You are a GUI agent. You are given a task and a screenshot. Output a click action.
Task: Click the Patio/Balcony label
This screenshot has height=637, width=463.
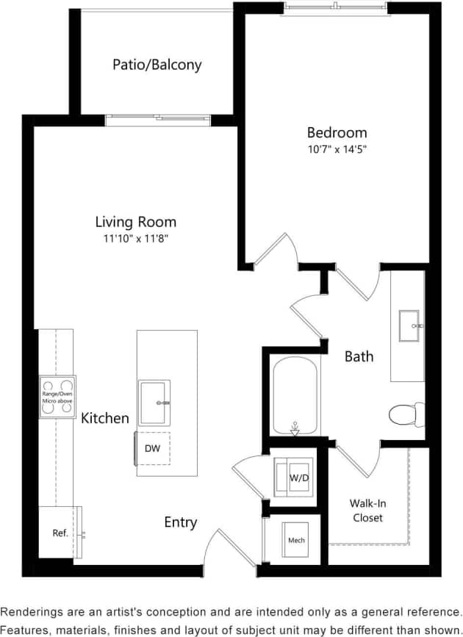[x=157, y=65]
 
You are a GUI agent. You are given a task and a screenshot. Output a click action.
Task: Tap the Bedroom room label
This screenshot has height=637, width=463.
[x=337, y=133]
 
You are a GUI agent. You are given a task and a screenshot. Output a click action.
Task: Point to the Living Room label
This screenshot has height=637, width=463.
[x=136, y=221]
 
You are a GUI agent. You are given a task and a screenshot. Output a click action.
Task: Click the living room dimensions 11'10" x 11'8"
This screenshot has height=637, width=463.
[x=136, y=239]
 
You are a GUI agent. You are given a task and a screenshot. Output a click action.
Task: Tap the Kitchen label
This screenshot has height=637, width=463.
[x=105, y=418]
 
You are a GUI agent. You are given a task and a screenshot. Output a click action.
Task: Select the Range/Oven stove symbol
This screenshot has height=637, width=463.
[x=57, y=397]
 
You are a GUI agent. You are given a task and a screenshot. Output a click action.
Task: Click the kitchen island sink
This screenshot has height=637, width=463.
[x=154, y=402]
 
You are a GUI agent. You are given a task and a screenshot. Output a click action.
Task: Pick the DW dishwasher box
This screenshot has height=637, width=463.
[x=152, y=448]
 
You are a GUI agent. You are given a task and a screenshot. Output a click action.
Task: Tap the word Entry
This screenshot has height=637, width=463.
[x=180, y=522]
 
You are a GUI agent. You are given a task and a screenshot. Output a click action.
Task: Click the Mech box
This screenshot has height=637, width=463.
[x=296, y=541]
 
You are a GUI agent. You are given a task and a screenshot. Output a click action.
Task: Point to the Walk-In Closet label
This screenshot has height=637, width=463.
[x=367, y=511]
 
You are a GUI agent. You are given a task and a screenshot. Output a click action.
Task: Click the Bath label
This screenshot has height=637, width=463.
[x=359, y=356]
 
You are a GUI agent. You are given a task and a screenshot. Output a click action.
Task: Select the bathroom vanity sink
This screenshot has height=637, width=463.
[x=409, y=325]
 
